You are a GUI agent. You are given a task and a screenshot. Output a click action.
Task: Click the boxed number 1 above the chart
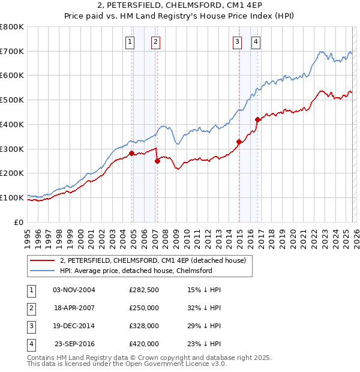click(130, 41)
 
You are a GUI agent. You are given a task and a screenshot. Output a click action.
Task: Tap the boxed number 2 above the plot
click(155, 41)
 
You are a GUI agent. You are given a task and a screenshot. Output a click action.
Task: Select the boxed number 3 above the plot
click(238, 41)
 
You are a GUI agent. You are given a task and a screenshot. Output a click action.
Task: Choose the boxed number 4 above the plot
click(256, 41)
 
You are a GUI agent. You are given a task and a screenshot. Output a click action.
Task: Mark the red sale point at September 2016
click(257, 119)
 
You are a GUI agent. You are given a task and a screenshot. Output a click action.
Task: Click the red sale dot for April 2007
click(157, 161)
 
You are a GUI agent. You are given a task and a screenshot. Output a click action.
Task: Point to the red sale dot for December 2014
click(239, 142)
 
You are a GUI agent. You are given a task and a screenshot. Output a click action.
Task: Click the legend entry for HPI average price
click(136, 271)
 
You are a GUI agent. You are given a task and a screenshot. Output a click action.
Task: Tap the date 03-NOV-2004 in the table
click(74, 290)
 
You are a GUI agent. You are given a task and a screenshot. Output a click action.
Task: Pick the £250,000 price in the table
click(143, 308)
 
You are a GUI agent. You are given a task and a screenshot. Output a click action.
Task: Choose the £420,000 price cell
click(143, 344)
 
